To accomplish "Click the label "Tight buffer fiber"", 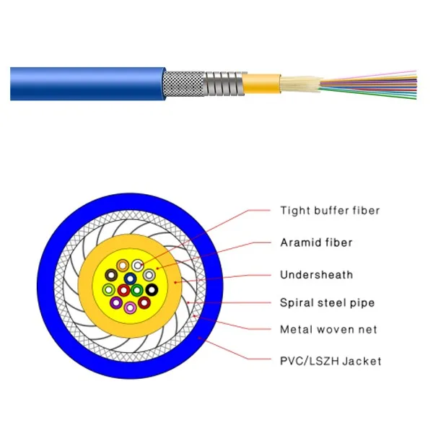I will [330, 211].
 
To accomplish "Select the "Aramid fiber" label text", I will [316, 242].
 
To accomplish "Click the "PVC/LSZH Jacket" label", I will [331, 360].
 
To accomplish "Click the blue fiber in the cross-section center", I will [130, 278].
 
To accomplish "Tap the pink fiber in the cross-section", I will [130, 307].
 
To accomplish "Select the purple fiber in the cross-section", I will [115, 302].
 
